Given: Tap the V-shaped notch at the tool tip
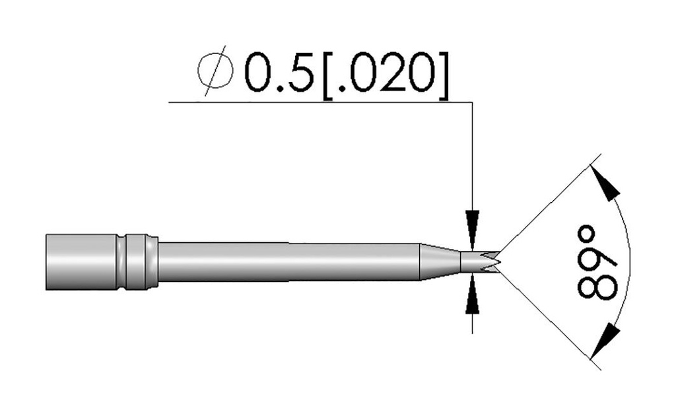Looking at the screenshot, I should tap(492, 260).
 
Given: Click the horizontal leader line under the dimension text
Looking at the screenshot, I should tap(317, 102).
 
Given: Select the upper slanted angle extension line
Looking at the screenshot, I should tap(548, 205).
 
